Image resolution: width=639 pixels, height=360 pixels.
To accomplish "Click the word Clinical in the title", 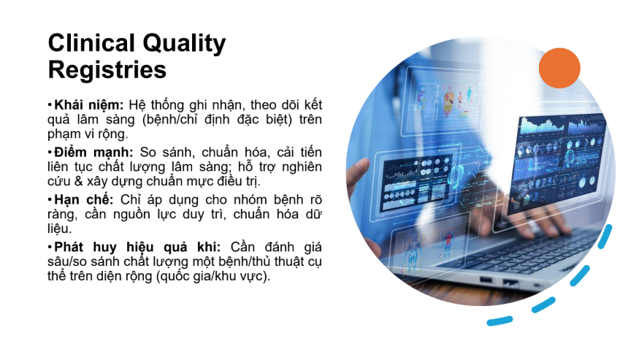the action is pos(92,43).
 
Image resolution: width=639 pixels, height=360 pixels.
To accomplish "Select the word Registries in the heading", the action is pos(107,69).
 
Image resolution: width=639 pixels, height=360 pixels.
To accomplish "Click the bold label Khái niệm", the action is pos(89,105).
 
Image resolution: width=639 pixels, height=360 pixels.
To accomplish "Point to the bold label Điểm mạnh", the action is pos(93,153).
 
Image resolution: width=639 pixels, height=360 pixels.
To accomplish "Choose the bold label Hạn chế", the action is pos(84,200).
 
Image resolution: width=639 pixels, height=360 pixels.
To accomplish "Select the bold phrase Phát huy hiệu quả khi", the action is pos(137,248).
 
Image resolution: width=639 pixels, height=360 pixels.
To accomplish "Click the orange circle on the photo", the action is pos(559,68).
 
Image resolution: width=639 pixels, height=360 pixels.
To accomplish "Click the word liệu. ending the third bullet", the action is pos(59,229).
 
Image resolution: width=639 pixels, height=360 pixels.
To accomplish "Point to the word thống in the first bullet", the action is pos(167,105).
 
